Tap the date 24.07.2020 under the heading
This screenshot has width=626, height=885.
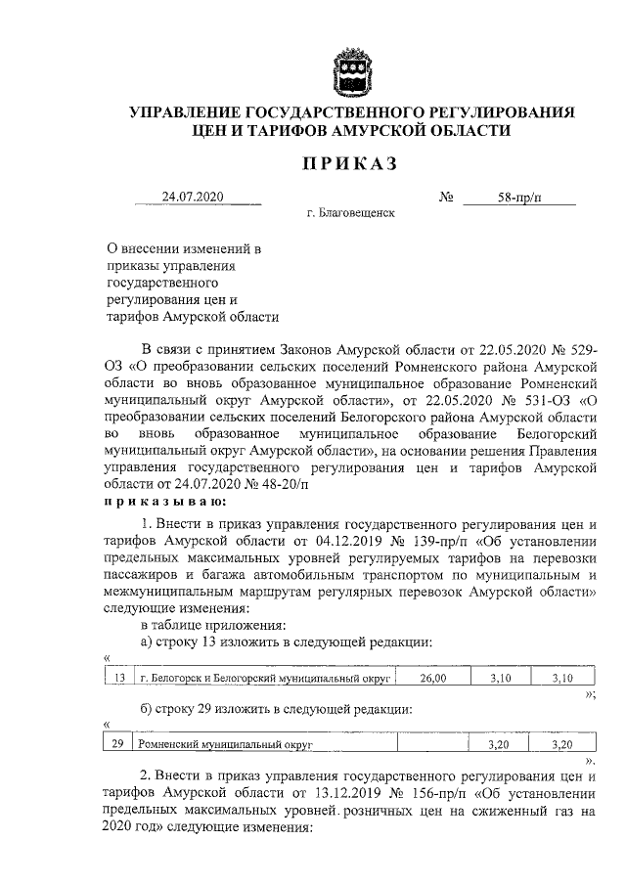[x=194, y=197]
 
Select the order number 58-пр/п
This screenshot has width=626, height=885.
[x=518, y=198]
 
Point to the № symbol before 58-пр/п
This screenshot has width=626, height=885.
[x=446, y=198]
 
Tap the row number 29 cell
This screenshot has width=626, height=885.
[x=118, y=744]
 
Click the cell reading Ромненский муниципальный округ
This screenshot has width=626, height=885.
[x=226, y=744]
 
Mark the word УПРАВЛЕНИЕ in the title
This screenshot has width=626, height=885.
[x=191, y=113]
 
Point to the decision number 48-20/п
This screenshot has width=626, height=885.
[x=280, y=482]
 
